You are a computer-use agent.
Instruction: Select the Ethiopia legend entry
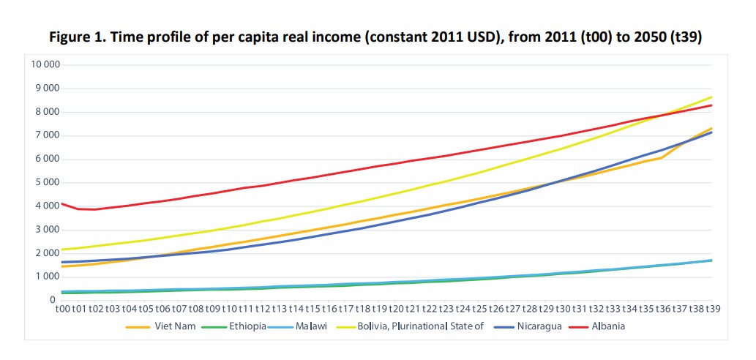click(247, 326)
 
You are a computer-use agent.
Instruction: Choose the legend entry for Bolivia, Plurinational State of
click(422, 326)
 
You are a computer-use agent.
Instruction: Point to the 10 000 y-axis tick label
click(45, 64)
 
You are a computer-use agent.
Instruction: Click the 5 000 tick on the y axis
click(47, 182)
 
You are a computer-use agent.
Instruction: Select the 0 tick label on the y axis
click(53, 300)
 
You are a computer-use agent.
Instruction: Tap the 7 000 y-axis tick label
click(47, 135)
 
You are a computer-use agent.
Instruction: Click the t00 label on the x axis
click(63, 310)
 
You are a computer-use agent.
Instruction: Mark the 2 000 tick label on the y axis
click(47, 253)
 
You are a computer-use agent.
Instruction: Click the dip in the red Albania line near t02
click(94, 209)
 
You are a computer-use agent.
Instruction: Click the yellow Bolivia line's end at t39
click(711, 97)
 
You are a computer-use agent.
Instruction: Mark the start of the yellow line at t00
click(63, 250)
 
